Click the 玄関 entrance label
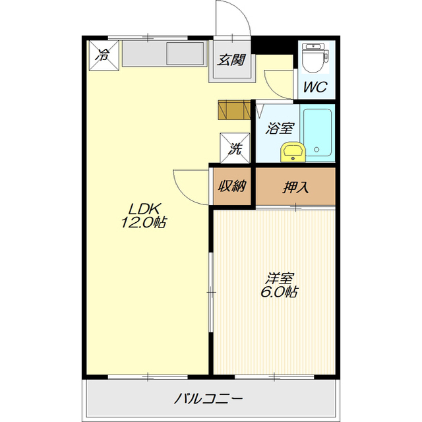point(231,60)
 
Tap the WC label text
point(315,86)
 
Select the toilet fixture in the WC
point(315,58)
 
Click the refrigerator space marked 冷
point(104,55)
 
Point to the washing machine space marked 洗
point(235,148)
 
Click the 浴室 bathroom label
point(280,128)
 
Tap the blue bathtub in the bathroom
point(317,132)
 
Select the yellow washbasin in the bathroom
point(293,152)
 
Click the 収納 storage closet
point(232,186)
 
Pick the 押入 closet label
point(295,187)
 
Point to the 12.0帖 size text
point(144,222)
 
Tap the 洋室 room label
point(279,278)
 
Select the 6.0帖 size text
point(279,291)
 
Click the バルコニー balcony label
point(208,398)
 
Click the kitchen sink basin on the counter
point(185,53)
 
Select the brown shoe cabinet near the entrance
point(235,109)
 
